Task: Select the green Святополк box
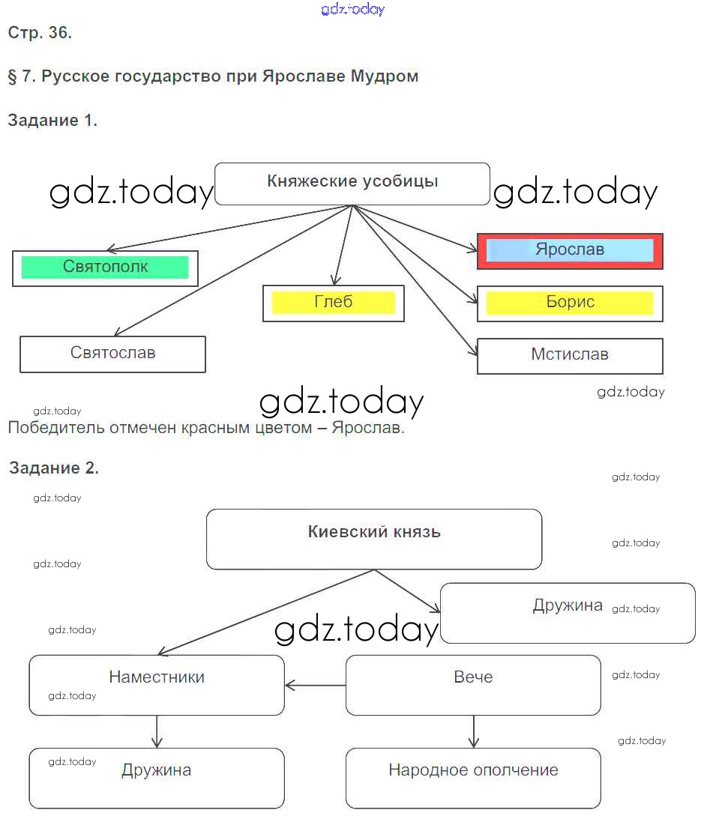105,268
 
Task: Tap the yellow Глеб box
334,303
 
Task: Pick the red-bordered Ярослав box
570,250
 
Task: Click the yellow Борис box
570,303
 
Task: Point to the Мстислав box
570,355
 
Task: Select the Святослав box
112,354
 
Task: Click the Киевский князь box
374,539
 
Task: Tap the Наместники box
157,684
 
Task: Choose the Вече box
473,684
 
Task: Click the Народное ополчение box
473,777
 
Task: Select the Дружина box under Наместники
157,777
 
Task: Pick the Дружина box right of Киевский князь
568,612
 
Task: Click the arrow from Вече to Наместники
315,684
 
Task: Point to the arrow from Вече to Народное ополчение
473,731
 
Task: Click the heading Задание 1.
52,121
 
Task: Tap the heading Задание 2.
54,468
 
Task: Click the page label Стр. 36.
40,33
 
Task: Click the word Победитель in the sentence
57,429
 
